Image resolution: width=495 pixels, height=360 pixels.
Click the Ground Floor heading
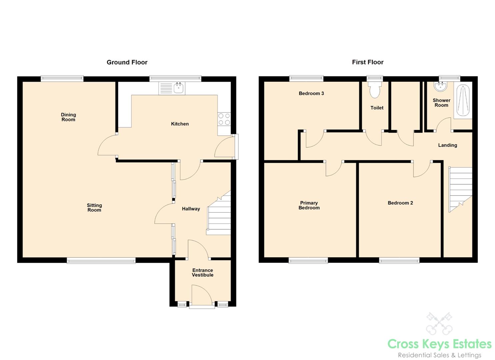pos(127,62)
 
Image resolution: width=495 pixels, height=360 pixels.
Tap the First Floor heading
pos(368,62)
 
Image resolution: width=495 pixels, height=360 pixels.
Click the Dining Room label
pos(68,117)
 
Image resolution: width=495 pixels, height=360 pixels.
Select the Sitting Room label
pos(94,208)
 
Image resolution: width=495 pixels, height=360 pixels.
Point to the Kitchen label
pos(180,124)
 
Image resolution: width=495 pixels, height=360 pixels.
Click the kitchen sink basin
pos(179,88)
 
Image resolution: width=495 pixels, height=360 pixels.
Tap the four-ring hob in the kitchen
pos(224,119)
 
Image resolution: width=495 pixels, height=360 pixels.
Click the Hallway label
pos(191,209)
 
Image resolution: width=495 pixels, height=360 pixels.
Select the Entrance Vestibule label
pos(203,272)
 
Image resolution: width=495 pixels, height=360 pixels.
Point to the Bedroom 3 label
pos(311,93)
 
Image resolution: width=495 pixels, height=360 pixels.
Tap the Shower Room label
pos(442,103)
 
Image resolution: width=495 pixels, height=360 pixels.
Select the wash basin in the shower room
pos(440,86)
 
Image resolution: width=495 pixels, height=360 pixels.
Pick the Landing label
pos(448,145)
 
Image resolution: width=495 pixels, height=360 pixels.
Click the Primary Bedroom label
pos(309,205)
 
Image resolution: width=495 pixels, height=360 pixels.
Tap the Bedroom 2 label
pos(400,203)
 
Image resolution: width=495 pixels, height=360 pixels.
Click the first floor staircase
pos(460,190)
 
